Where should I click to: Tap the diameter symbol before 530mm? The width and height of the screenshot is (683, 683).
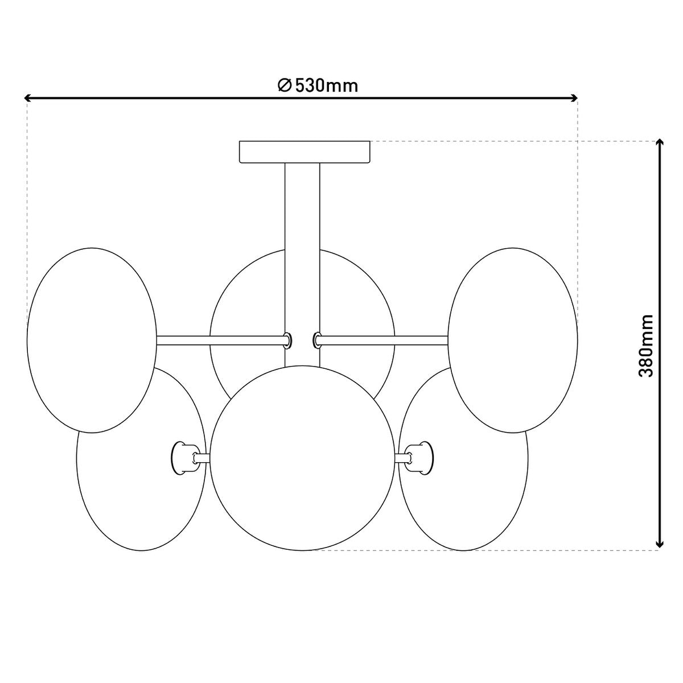(285, 85)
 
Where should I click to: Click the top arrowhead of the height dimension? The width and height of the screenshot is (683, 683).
(659, 143)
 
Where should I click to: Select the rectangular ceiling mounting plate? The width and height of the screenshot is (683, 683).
(305, 152)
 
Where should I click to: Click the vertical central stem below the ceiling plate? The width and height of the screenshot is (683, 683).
(302, 228)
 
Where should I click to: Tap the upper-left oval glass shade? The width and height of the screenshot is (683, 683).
(91, 340)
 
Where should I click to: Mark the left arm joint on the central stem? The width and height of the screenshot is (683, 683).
(289, 340)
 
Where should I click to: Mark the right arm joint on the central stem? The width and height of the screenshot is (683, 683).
(316, 340)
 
